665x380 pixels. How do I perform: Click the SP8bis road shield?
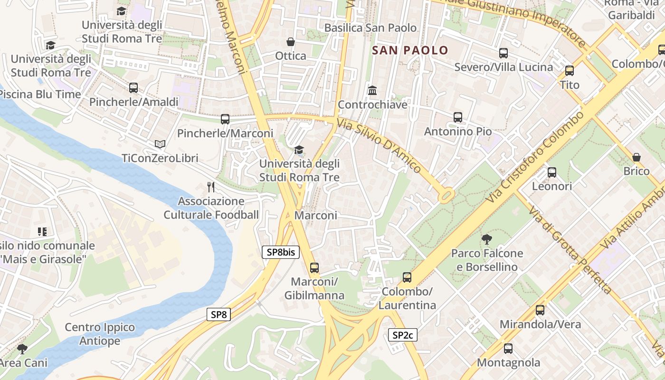281,252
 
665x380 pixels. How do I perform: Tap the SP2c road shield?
403,335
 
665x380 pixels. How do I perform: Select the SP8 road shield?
219,314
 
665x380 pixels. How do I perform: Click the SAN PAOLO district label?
410,50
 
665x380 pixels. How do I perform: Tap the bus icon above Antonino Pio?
458,117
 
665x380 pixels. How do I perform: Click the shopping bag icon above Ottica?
291,42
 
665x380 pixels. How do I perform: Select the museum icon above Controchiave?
372,90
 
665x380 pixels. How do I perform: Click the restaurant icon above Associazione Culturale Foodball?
211,187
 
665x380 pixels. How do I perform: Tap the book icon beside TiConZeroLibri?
160,144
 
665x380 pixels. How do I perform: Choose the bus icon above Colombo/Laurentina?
407,277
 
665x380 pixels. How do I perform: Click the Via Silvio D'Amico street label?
379,146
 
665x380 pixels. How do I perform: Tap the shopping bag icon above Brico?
636,157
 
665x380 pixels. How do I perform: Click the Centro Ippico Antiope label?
100,334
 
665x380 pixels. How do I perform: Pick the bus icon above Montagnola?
508,349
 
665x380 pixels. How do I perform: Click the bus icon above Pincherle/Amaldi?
133,88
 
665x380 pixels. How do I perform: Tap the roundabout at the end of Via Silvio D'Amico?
446,195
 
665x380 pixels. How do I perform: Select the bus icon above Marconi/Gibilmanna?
314,267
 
